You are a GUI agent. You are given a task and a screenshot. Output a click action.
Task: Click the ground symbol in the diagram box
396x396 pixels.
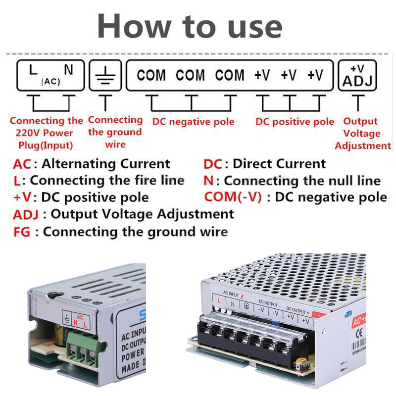click(x=105, y=76)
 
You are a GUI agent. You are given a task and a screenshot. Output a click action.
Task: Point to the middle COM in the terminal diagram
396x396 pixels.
click(x=190, y=76)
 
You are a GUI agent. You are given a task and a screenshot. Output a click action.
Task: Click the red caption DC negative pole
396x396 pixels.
click(x=193, y=122)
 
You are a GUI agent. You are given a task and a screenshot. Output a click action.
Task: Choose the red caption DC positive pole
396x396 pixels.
click(x=295, y=122)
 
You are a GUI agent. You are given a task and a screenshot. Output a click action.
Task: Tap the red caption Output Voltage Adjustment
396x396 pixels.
click(x=362, y=133)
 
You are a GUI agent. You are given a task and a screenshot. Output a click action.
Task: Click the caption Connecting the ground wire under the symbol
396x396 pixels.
click(x=115, y=132)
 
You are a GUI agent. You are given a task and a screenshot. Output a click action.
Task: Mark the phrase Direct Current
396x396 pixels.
click(x=279, y=164)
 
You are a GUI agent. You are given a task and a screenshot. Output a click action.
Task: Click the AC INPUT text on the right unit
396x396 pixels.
click(x=231, y=294)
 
